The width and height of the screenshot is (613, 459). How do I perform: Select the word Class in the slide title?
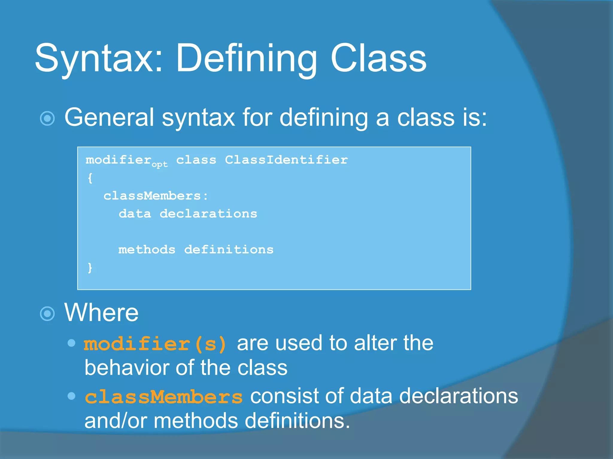click(x=378, y=58)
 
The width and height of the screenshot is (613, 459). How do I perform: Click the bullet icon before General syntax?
click(x=47, y=118)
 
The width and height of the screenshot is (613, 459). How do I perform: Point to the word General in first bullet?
click(x=109, y=117)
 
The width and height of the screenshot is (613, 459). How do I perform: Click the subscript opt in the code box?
click(x=160, y=164)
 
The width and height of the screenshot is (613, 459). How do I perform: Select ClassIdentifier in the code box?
click(x=286, y=160)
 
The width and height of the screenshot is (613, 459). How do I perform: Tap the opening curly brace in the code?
click(x=90, y=178)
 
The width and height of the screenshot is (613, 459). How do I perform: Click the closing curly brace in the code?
click(x=90, y=267)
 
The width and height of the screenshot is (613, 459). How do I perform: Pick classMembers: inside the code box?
click(x=156, y=196)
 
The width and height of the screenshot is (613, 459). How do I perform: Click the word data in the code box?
click(x=135, y=214)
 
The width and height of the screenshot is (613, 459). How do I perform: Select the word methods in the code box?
click(x=147, y=250)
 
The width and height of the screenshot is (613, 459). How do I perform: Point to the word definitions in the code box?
click(x=229, y=250)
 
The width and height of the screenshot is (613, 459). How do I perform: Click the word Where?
click(x=101, y=313)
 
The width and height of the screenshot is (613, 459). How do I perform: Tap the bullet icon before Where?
click(x=47, y=314)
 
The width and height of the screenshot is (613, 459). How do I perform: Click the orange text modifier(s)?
click(x=155, y=344)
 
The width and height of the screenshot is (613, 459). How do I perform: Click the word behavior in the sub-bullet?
click(x=126, y=368)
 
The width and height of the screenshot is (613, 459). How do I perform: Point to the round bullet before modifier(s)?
click(x=72, y=343)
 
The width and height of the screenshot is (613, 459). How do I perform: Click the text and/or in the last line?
click(x=116, y=421)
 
